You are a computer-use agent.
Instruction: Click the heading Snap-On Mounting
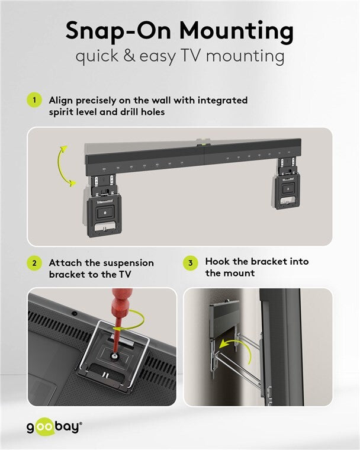[x=179, y=30]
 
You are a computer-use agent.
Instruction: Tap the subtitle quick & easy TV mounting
[x=179, y=57]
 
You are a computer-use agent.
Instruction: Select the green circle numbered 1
[x=35, y=100]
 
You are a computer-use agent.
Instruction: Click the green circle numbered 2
[x=35, y=262]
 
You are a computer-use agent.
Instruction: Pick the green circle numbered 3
[x=191, y=262]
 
